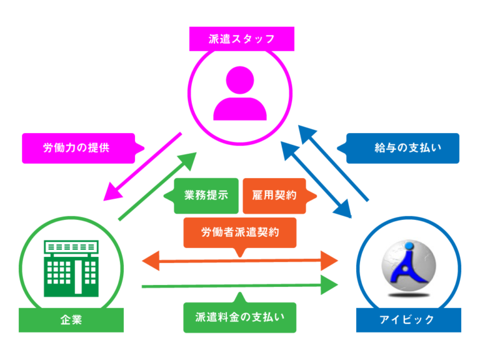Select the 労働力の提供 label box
pos(79,148)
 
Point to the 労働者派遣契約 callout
pos(240,232)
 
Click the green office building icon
pos(71,269)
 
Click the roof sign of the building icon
pos(71,247)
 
